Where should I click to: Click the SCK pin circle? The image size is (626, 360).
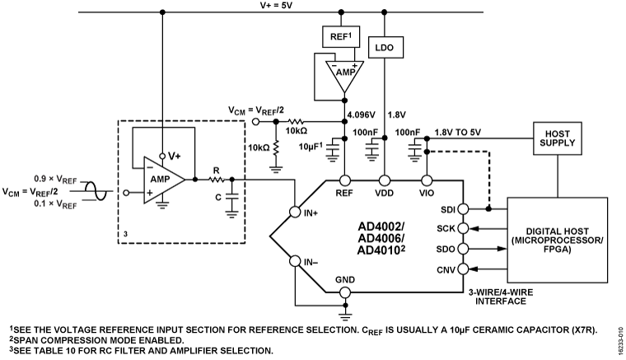462,227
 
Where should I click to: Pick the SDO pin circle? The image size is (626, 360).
462,248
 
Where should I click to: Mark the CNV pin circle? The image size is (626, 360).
462,269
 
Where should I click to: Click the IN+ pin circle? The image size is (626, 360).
296,213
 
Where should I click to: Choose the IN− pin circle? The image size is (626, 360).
296,263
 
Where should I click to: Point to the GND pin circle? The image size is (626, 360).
345,292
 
